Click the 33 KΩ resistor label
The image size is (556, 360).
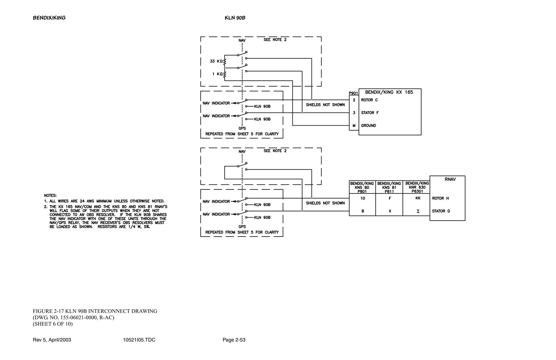pyautogui.click(x=216, y=61)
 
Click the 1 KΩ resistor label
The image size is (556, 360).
pyautogui.click(x=217, y=74)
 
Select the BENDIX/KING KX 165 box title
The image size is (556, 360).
pyautogui.click(x=389, y=92)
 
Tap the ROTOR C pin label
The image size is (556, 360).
pyautogui.click(x=369, y=100)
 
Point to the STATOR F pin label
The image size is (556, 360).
pyautogui.click(x=370, y=113)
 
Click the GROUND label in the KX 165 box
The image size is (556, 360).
pyautogui.click(x=368, y=126)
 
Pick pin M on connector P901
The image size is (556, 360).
pyautogui.click(x=354, y=126)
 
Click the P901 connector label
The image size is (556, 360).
pyautogui.click(x=354, y=93)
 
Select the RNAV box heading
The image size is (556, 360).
pyautogui.click(x=450, y=179)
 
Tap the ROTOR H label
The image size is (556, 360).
pyautogui.click(x=440, y=198)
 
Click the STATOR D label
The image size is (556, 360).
pyautogui.click(x=441, y=211)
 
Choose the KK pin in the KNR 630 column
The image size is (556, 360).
pyautogui.click(x=418, y=198)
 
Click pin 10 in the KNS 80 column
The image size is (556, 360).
pyautogui.click(x=363, y=198)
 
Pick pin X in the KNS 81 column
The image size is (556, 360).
pyautogui.click(x=390, y=211)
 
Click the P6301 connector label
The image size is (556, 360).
pyautogui.click(x=417, y=191)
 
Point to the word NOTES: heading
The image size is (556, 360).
pyautogui.click(x=50, y=195)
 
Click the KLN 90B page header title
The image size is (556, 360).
pyautogui.click(x=235, y=18)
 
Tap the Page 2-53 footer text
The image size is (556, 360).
pyautogui.click(x=234, y=340)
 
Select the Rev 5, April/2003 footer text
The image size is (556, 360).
pyautogui.click(x=52, y=340)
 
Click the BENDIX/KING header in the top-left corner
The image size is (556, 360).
pyautogui.click(x=49, y=18)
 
